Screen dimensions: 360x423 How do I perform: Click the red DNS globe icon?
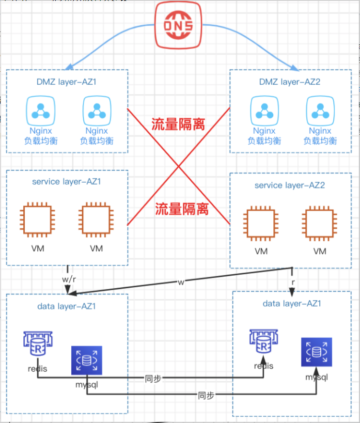click(x=178, y=25)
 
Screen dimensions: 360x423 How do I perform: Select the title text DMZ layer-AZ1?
click(x=66, y=82)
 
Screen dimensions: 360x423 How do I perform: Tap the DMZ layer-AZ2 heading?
click(x=290, y=82)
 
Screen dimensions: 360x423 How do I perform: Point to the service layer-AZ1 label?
click(x=66, y=182)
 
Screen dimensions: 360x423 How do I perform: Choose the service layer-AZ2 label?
click(x=290, y=185)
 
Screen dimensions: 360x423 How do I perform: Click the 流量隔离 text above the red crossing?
click(x=178, y=125)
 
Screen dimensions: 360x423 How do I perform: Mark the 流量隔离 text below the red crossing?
click(x=182, y=209)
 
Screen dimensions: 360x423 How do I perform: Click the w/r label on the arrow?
click(x=69, y=279)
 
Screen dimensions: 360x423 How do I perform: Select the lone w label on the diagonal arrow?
click(x=181, y=282)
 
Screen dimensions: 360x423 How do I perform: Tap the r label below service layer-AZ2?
click(x=293, y=282)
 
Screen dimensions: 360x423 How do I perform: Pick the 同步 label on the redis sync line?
click(x=153, y=379)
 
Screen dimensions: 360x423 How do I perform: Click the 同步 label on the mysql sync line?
click(x=206, y=395)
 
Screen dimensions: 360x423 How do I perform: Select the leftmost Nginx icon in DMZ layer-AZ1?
click(x=40, y=111)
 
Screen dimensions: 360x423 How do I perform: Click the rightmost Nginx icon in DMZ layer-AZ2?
click(x=320, y=111)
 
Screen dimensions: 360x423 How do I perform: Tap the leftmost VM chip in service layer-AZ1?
click(x=37, y=219)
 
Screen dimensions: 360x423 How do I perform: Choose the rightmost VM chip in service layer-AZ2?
click(x=320, y=223)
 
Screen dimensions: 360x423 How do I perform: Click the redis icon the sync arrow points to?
click(x=264, y=341)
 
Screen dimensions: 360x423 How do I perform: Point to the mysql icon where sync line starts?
click(x=87, y=360)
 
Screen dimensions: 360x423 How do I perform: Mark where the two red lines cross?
click(x=178, y=167)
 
